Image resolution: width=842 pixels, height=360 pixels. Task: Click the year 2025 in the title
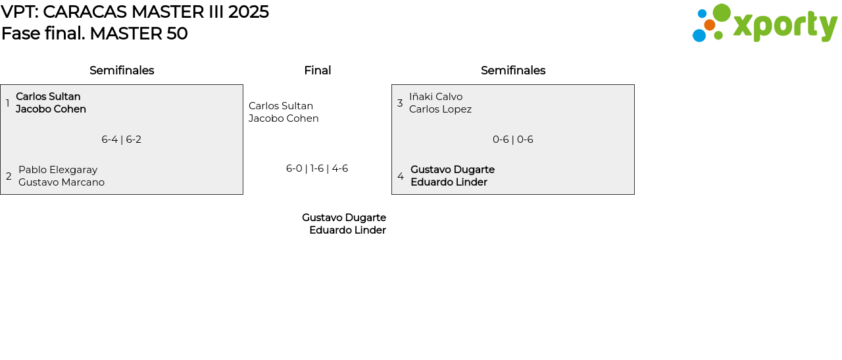pyautogui.click(x=248, y=12)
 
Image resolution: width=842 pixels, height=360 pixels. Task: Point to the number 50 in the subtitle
pyautogui.click(x=178, y=34)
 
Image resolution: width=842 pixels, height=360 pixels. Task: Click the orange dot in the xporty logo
pyautogui.click(x=709, y=25)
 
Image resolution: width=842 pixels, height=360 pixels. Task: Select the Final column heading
pyautogui.click(x=317, y=70)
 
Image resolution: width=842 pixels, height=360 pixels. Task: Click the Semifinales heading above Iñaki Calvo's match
pyautogui.click(x=513, y=70)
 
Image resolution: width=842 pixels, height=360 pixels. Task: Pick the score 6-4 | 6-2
pyautogui.click(x=122, y=140)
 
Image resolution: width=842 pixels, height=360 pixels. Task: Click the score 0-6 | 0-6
pyautogui.click(x=513, y=140)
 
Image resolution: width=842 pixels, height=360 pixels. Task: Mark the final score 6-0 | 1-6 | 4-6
pyautogui.click(x=317, y=168)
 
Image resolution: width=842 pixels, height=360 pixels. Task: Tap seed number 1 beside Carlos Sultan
pyautogui.click(x=8, y=103)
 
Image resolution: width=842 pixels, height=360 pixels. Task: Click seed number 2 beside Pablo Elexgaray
pyautogui.click(x=9, y=176)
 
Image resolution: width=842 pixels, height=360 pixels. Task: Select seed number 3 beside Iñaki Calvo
pyautogui.click(x=400, y=103)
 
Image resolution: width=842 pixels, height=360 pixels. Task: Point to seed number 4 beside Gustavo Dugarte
pyautogui.click(x=401, y=176)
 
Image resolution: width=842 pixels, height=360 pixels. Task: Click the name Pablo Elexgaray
pyautogui.click(x=58, y=170)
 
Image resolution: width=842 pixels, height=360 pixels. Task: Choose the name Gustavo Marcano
pyautogui.click(x=61, y=182)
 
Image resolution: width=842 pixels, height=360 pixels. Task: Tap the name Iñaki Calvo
pyautogui.click(x=435, y=97)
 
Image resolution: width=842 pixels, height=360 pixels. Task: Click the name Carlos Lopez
pyautogui.click(x=440, y=109)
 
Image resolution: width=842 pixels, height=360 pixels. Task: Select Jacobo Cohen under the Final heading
pyautogui.click(x=284, y=118)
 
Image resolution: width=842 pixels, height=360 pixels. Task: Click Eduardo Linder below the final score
pyautogui.click(x=347, y=230)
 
